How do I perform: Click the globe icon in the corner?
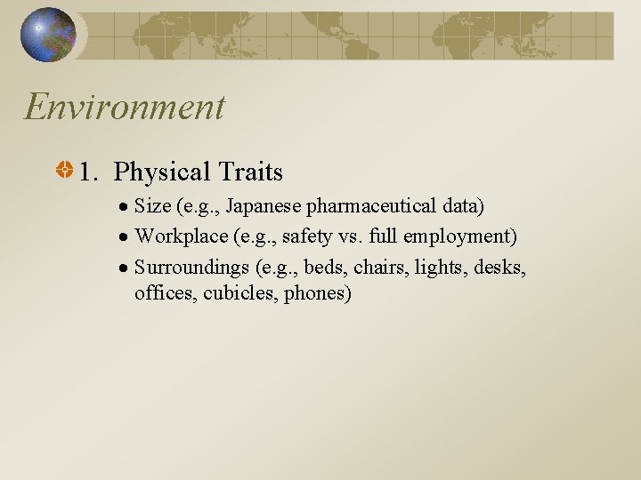coord(48,35)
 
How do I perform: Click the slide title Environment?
coord(125,108)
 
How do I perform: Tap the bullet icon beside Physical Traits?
coord(66,170)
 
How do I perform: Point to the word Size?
coord(152,207)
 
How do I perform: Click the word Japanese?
coord(264,207)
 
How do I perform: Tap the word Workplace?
coord(177,236)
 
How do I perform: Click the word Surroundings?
coord(190,266)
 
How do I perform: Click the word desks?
coord(499,266)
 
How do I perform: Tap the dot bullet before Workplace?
coord(126,237)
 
